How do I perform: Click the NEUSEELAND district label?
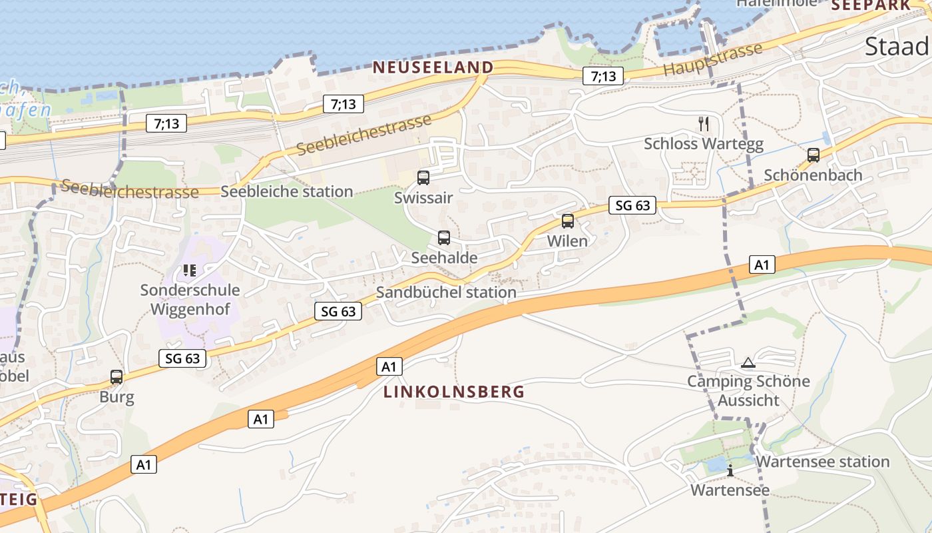(x=433, y=67)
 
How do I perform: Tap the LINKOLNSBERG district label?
(x=454, y=392)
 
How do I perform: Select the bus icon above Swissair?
(x=423, y=178)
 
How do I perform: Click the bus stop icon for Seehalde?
(x=444, y=238)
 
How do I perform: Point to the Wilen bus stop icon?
(x=568, y=221)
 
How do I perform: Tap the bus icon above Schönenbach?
(x=813, y=155)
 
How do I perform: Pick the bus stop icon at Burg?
(x=116, y=377)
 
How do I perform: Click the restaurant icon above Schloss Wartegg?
(x=704, y=123)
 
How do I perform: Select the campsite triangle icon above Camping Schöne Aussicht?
(x=748, y=363)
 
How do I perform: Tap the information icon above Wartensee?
(x=730, y=470)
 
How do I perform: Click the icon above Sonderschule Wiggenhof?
(x=190, y=270)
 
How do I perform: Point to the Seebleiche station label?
(x=286, y=192)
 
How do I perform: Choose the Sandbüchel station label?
(x=446, y=292)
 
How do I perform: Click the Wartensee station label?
(x=823, y=462)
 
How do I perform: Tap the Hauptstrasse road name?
(x=712, y=60)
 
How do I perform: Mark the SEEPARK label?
(x=870, y=5)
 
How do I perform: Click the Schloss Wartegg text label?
(x=704, y=144)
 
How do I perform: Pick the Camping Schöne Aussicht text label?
(x=748, y=391)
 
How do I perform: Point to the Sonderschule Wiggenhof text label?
(x=190, y=300)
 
